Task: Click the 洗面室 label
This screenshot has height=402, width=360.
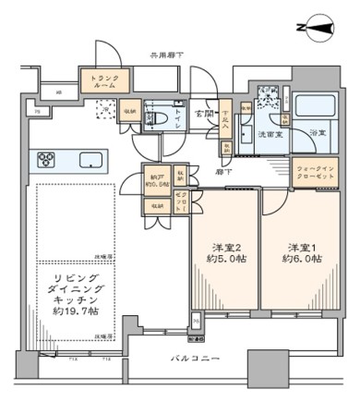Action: click(x=270, y=131)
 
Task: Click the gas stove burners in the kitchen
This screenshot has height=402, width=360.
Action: click(x=46, y=159)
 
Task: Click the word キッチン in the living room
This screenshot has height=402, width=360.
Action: click(x=70, y=310)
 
